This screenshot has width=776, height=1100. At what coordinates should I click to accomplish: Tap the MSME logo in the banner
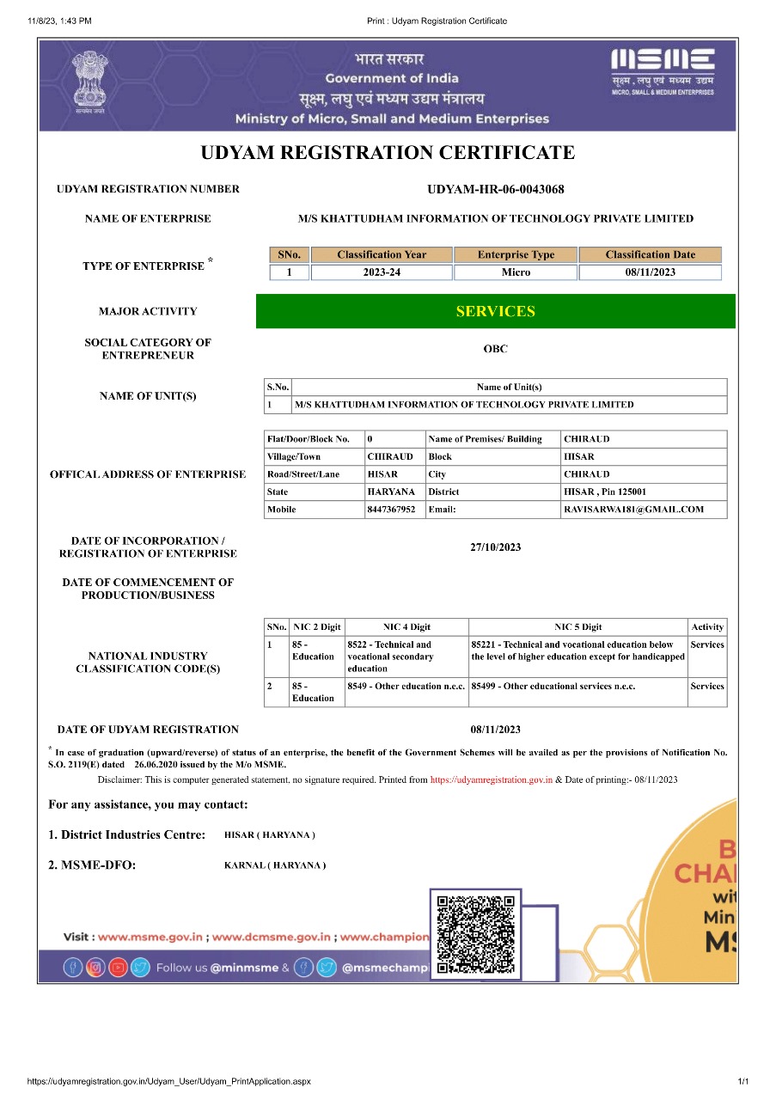662,70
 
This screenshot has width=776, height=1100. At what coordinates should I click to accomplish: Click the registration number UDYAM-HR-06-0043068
495,189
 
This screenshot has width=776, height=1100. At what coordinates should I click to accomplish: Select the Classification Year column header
382,254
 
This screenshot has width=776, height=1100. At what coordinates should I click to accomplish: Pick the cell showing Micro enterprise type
516,272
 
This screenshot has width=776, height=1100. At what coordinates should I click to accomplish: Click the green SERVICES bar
495,311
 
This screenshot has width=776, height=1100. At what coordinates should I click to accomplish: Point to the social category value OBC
495,349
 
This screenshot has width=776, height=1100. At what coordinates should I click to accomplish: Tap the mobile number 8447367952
391,510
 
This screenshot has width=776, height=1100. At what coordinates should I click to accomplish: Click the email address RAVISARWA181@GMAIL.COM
633,510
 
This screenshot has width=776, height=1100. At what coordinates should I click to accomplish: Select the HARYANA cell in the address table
391,492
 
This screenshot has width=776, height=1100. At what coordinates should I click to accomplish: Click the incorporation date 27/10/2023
495,547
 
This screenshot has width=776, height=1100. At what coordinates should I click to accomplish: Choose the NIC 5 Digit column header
577,626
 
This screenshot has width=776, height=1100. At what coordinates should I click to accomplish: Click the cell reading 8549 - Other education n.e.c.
406,687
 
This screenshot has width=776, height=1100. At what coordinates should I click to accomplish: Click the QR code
475,934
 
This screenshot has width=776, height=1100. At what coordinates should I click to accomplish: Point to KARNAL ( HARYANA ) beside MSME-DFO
274,865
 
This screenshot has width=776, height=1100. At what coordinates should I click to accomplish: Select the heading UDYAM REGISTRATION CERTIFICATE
388,153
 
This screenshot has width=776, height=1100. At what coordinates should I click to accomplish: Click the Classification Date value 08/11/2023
650,272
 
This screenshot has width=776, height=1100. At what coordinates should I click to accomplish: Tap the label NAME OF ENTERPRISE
148,218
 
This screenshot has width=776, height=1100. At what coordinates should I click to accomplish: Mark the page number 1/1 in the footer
742,1080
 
